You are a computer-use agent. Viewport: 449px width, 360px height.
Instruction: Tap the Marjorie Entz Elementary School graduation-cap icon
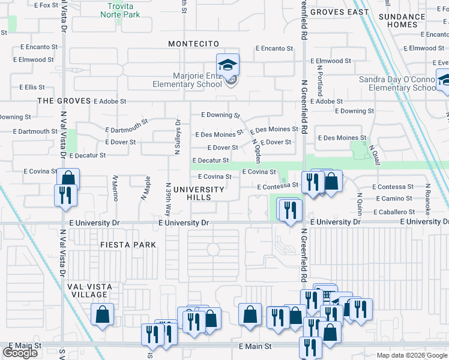pyautogui.click(x=228, y=65)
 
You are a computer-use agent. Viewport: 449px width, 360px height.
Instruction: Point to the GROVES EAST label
pyautogui.click(x=340, y=12)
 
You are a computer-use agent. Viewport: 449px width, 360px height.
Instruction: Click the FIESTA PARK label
pyautogui.click(x=128, y=245)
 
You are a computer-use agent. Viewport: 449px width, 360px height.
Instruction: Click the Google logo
pyautogui.click(x=20, y=353)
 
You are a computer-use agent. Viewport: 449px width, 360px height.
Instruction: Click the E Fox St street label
pyautogui.click(x=46, y=5)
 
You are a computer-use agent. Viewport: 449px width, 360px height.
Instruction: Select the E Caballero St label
pyautogui.click(x=394, y=212)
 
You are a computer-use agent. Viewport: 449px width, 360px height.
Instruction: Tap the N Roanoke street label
pyautogui.click(x=429, y=200)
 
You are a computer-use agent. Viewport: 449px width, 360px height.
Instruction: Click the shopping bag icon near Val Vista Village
pyautogui.click(x=103, y=314)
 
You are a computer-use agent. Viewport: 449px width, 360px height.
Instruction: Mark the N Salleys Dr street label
pyautogui.click(x=178, y=137)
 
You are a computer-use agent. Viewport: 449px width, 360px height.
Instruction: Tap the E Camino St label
pyautogui.click(x=394, y=199)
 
